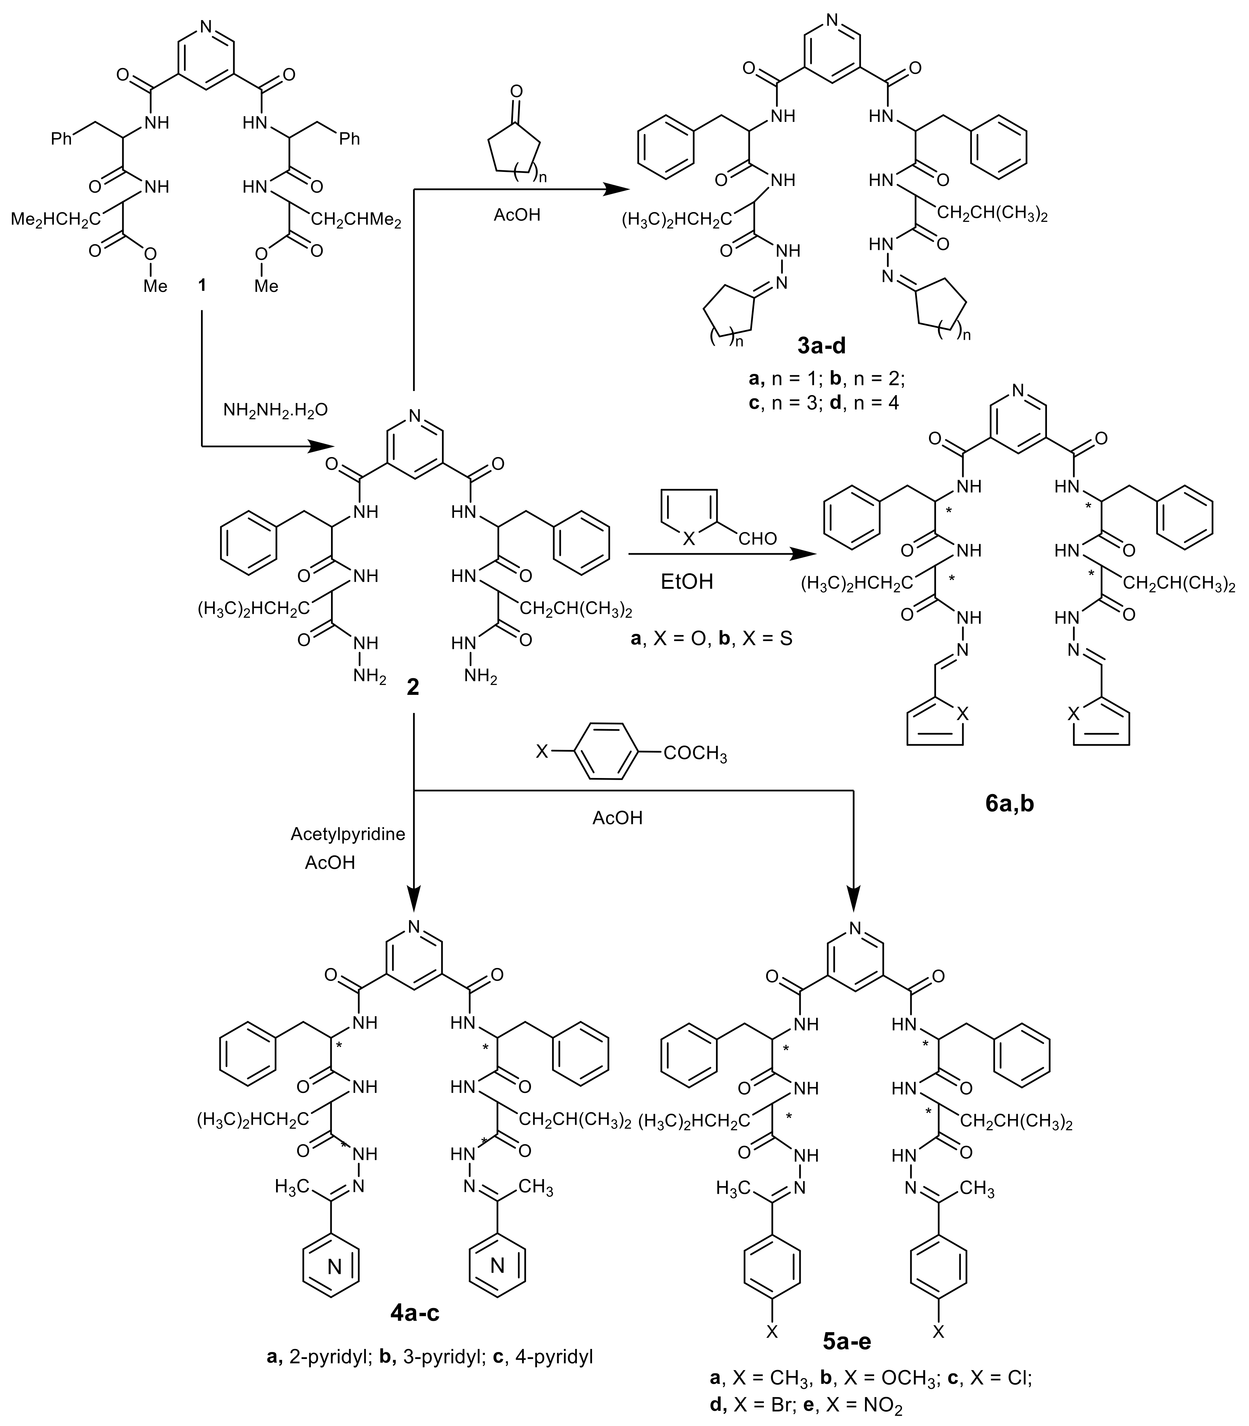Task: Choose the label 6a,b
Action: coord(1009,803)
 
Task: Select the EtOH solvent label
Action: coord(687,581)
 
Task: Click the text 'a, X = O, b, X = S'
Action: coord(711,638)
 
